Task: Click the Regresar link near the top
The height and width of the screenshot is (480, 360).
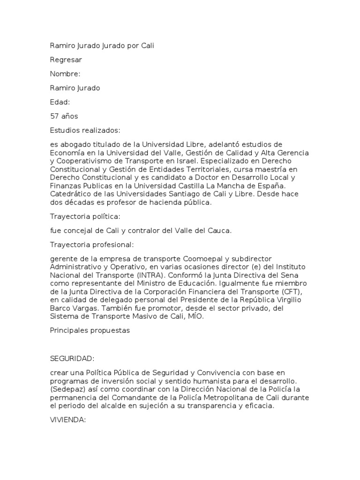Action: click(66, 60)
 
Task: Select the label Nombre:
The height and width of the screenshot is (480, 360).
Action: click(65, 74)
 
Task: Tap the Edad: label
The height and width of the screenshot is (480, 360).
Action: click(60, 102)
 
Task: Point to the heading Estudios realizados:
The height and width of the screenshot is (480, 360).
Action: click(85, 130)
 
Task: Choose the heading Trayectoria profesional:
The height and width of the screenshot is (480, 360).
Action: click(92, 245)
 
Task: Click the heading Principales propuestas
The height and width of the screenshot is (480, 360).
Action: click(90, 330)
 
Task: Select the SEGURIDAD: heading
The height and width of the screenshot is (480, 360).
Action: click(72, 359)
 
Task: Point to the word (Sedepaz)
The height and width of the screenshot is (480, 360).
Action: click(67, 390)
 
